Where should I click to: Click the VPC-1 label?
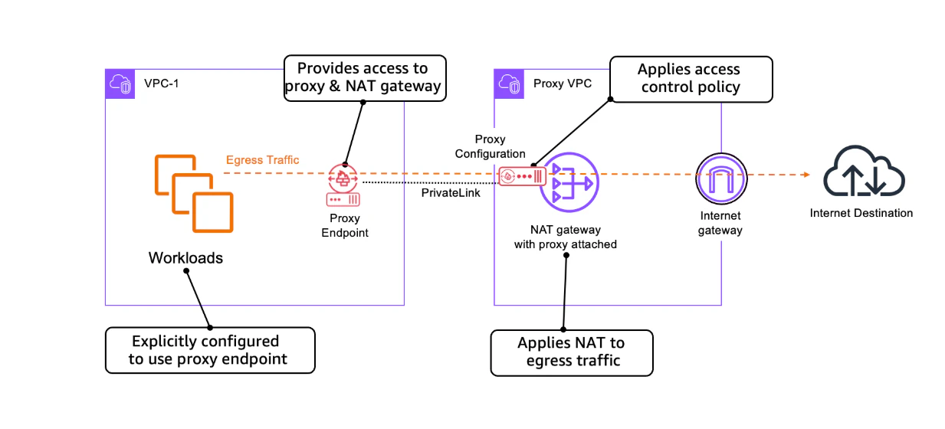pyautogui.click(x=162, y=84)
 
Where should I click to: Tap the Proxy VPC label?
pyautogui.click(x=562, y=84)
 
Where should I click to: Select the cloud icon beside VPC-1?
pyautogui.click(x=120, y=84)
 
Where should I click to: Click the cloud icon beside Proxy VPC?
pyautogui.click(x=510, y=84)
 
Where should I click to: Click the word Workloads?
pyautogui.click(x=185, y=258)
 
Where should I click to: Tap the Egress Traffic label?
pyautogui.click(x=262, y=160)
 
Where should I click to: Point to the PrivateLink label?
pyautogui.click(x=451, y=193)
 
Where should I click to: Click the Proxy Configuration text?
pyautogui.click(x=490, y=146)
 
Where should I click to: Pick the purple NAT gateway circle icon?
pyautogui.click(x=568, y=184)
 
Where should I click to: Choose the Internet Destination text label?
pyautogui.click(x=861, y=213)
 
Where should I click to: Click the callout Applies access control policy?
pyautogui.click(x=691, y=78)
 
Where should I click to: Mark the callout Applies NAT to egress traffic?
pyautogui.click(x=571, y=352)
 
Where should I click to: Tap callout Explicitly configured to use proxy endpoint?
pyautogui.click(x=209, y=350)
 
